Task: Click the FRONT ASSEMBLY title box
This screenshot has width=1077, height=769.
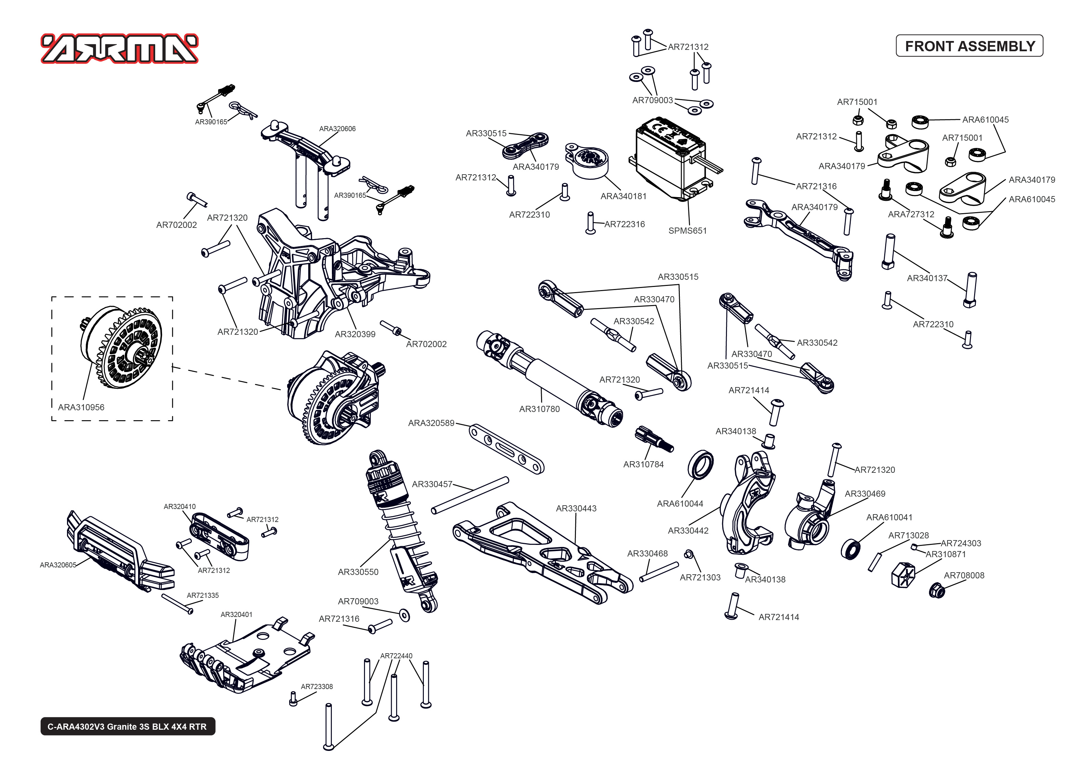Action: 969,46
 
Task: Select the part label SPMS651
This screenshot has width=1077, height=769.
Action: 687,231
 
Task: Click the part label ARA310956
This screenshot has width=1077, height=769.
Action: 81,407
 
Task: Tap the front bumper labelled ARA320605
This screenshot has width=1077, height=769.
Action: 118,554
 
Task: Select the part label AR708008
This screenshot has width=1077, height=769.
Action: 964,575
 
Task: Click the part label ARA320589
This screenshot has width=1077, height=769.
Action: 431,423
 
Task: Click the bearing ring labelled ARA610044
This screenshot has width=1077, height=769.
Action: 700,466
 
